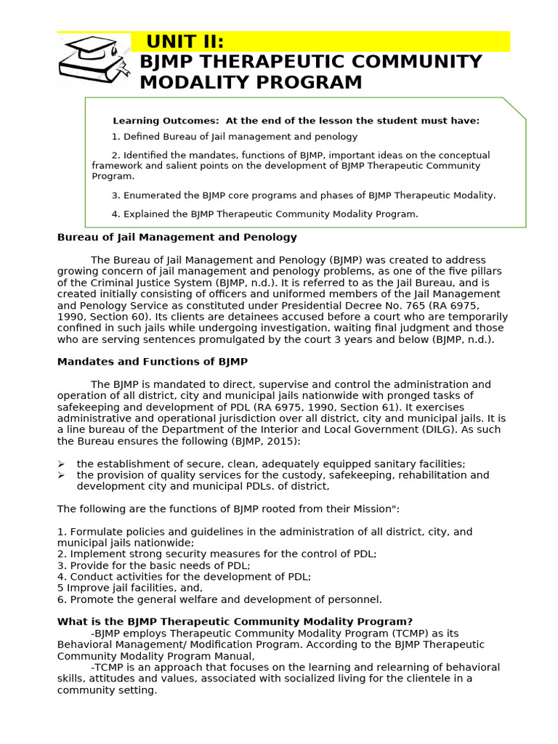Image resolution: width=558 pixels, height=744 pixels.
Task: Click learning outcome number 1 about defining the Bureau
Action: coord(234,137)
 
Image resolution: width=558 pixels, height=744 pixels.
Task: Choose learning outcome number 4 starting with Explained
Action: coord(264,214)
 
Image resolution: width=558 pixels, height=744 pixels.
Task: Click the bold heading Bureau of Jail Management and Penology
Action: coord(177,237)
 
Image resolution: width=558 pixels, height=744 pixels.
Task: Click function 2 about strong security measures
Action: coord(217,554)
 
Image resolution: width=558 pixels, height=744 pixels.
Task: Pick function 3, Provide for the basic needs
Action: coord(153,565)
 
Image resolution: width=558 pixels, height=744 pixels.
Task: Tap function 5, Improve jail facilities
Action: coord(130,588)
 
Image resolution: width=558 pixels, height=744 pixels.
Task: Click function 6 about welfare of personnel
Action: coord(219,599)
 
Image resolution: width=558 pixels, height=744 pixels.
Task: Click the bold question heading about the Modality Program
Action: coord(235,622)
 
